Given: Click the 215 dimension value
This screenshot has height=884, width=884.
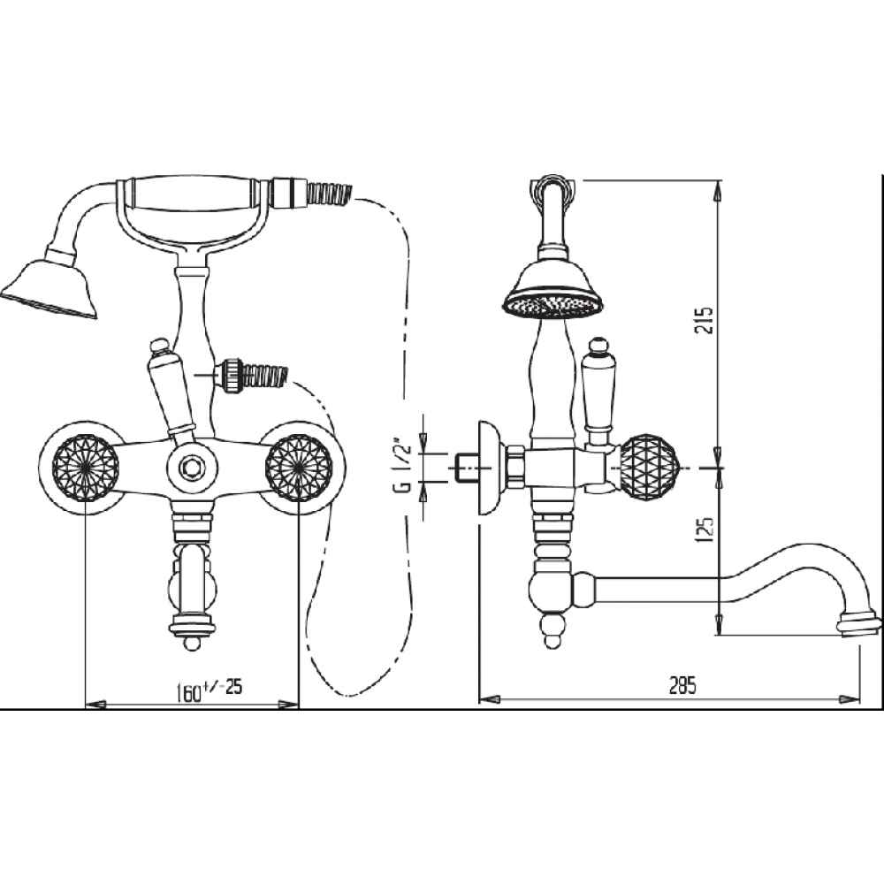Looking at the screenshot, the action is (x=705, y=320).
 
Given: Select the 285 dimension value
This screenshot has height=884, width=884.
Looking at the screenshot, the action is (x=682, y=685).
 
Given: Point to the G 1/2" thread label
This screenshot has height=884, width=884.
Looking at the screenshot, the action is (x=405, y=465).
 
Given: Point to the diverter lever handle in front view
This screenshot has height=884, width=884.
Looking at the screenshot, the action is (x=169, y=389).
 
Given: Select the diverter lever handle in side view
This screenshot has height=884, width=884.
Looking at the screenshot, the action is (x=598, y=389).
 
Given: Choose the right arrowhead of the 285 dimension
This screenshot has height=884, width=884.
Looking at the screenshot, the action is (x=850, y=699).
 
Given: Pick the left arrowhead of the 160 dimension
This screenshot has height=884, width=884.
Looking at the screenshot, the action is (x=95, y=705).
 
